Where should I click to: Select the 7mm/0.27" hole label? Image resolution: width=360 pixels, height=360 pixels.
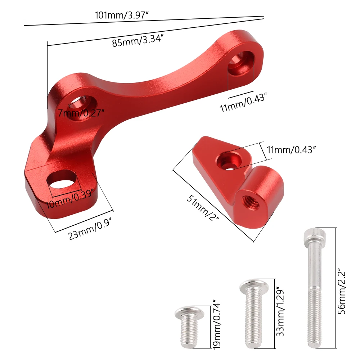click(x=81, y=113)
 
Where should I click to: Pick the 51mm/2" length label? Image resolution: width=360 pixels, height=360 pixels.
click(x=203, y=208)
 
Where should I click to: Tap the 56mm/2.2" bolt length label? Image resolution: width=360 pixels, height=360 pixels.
click(x=342, y=292)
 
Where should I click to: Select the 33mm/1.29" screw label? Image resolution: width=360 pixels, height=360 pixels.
click(x=280, y=311)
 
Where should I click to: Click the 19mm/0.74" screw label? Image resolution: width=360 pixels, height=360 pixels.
click(x=217, y=324)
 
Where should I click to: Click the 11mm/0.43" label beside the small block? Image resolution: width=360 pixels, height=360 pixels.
click(x=291, y=150)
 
